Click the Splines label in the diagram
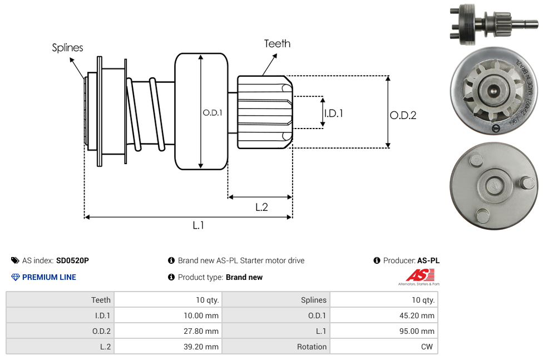pyautogui.click(x=67, y=48)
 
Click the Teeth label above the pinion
pyautogui.click(x=277, y=43)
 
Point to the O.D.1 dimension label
pyautogui.click(x=213, y=112)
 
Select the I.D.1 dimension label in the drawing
pyautogui.click(x=333, y=113)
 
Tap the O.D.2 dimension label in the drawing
pyautogui.click(x=403, y=116)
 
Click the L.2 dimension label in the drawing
pyautogui.click(x=261, y=207)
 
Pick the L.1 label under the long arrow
pyautogui.click(x=199, y=225)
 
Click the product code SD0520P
pyautogui.click(x=72, y=260)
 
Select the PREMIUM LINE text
pyautogui.click(x=49, y=277)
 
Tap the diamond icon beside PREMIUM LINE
pyautogui.click(x=16, y=277)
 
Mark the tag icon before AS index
pyautogui.click(x=15, y=260)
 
